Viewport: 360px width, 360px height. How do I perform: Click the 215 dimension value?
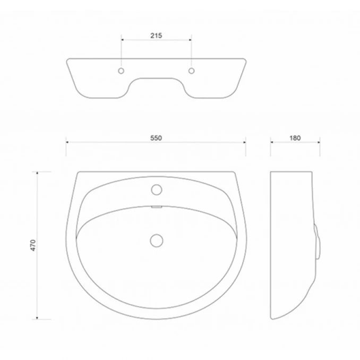[x=156, y=36]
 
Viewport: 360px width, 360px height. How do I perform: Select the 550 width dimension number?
[x=155, y=138]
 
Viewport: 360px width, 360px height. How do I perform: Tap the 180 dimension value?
[x=295, y=138]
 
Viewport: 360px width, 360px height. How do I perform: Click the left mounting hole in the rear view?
[x=122, y=71]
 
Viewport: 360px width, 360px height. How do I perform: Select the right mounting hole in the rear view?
[x=191, y=71]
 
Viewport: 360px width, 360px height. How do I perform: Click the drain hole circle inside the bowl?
[x=156, y=240]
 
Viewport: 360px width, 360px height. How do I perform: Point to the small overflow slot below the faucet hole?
[x=156, y=207]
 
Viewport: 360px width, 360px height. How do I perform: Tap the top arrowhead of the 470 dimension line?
[x=37, y=173]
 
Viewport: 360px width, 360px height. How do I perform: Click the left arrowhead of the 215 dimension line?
[x=123, y=40]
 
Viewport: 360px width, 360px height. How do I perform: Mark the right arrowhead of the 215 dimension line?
[x=190, y=40]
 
